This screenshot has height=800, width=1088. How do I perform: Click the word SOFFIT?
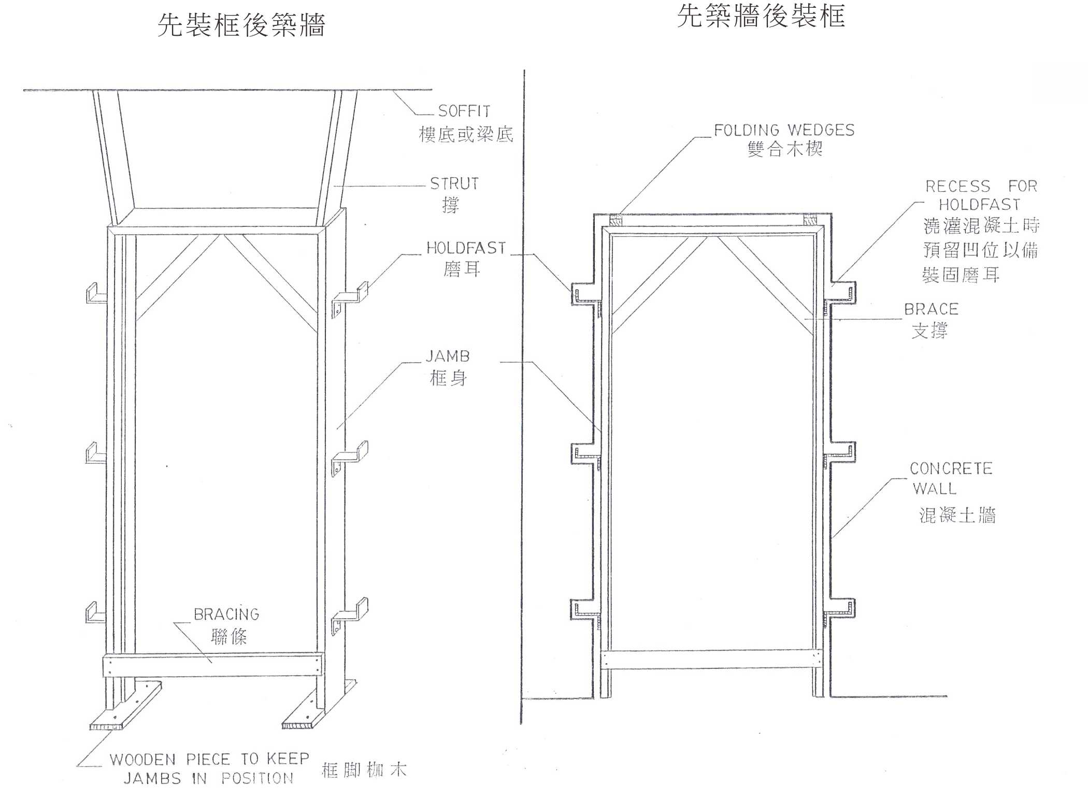click(464, 111)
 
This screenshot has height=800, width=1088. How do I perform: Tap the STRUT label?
click(454, 183)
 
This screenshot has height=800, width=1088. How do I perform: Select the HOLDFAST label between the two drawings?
click(466, 248)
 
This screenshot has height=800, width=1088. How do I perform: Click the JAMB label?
click(448, 356)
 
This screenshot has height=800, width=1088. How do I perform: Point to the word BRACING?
click(226, 615)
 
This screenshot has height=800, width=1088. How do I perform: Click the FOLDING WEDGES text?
click(784, 130)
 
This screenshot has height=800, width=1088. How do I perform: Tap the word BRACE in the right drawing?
click(931, 309)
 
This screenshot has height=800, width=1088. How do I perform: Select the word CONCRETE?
click(951, 469)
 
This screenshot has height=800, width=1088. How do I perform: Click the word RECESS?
click(957, 186)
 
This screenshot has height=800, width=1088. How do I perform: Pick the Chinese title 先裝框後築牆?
click(241, 25)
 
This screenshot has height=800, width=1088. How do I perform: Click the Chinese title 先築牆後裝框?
click(761, 16)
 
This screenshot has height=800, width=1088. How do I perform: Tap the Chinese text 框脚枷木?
click(364, 770)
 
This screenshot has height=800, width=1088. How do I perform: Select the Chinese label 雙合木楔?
click(784, 149)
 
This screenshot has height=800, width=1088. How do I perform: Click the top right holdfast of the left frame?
click(350, 297)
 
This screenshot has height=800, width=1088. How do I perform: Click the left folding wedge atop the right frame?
click(615, 220)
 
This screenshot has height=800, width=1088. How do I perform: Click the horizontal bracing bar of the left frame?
click(212, 665)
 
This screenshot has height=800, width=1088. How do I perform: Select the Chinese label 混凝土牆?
click(957, 515)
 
